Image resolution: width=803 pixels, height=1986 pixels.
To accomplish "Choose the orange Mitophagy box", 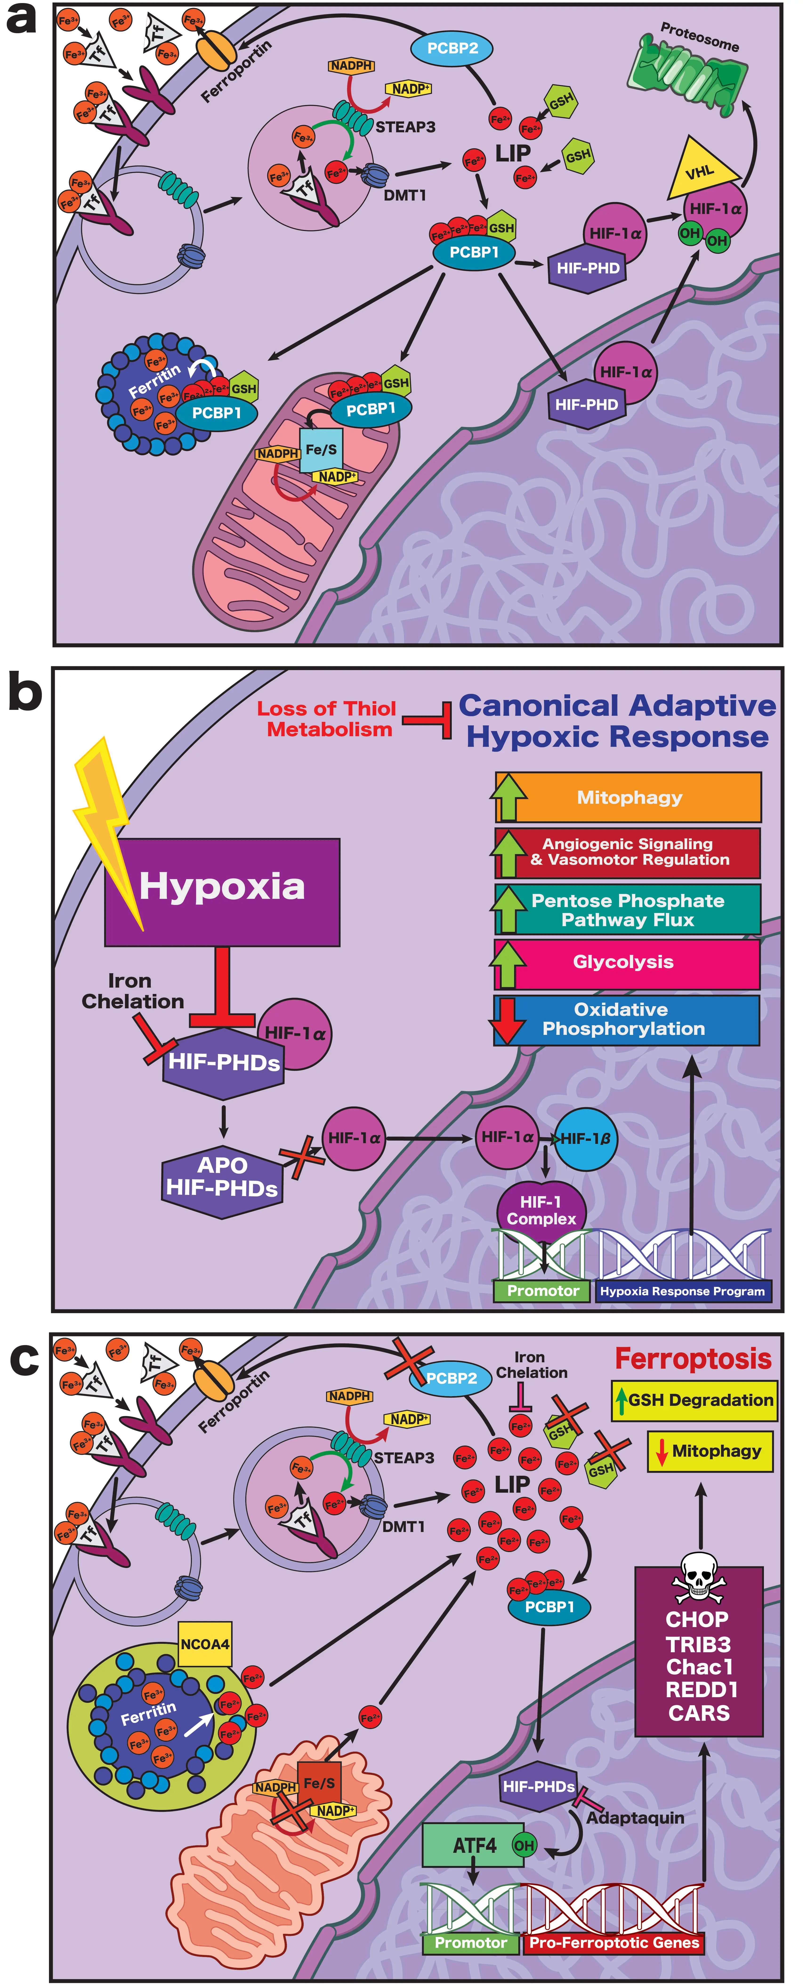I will click(x=629, y=797).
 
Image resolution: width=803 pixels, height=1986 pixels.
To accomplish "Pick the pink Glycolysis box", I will click(x=626, y=962).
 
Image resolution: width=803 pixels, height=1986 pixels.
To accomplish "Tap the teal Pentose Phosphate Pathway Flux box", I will click(x=626, y=910).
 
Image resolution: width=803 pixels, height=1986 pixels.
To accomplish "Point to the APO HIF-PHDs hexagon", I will click(x=222, y=1177).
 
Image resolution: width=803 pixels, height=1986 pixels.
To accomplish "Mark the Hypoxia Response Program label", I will click(x=683, y=1291).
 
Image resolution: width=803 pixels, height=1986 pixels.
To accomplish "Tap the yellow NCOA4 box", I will click(x=204, y=1644).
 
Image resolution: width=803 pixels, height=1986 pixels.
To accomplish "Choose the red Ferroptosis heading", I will click(x=693, y=1359).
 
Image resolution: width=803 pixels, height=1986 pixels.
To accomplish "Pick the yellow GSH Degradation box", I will click(x=694, y=1400).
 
